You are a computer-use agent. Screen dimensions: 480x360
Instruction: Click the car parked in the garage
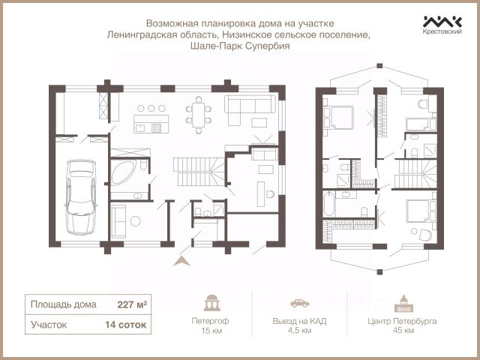coord(81,197)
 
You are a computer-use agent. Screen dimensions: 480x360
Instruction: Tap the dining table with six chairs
coord(199,115)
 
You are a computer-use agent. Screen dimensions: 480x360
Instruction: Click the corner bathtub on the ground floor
coord(123,172)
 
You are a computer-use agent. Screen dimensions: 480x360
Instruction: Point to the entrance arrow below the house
coord(181,261)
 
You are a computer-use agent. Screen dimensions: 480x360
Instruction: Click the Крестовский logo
coord(442,25)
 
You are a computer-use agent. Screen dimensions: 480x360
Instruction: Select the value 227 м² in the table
coord(132,304)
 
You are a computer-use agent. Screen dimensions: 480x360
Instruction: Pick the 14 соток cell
coord(125,325)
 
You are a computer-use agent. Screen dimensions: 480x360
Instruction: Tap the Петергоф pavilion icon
coord(211,303)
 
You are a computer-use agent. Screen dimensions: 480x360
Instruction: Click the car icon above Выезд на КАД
coord(300,303)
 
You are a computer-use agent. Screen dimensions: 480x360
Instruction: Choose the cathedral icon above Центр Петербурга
coord(403,303)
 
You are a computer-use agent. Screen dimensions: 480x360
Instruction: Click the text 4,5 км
coord(299,331)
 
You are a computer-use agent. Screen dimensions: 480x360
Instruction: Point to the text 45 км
coord(403,331)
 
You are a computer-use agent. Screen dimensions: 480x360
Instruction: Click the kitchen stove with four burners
coord(157,127)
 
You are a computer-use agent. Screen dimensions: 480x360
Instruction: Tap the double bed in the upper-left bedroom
coord(338,117)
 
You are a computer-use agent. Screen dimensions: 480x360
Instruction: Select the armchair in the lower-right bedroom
coord(425,234)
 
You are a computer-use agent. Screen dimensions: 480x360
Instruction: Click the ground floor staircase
coord(199,172)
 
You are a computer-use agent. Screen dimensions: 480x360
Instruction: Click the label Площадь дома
coord(63,304)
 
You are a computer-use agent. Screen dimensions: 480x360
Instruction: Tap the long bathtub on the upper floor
coord(329,203)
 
